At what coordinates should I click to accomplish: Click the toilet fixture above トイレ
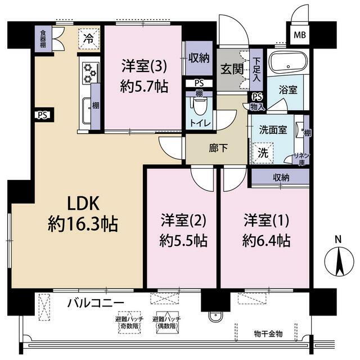click(x=198, y=104)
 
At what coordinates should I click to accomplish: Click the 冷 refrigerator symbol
click(x=89, y=38)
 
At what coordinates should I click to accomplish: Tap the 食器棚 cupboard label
click(x=43, y=39)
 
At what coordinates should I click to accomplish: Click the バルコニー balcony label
click(x=96, y=303)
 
